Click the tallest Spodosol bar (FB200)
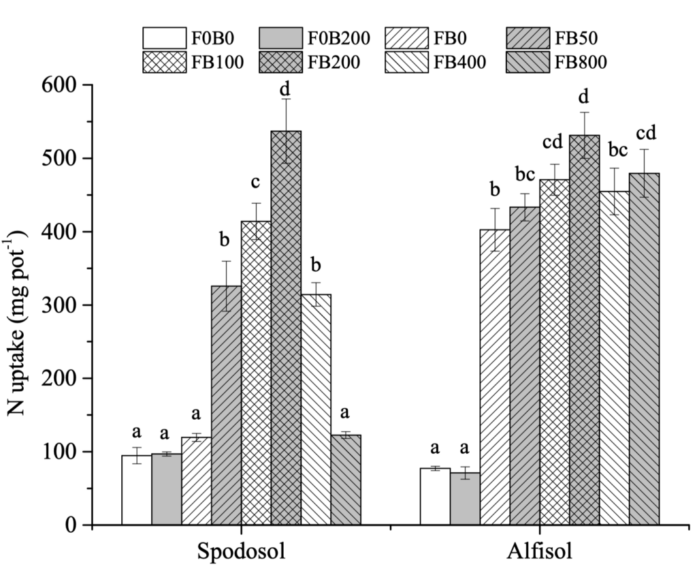coord(286,328)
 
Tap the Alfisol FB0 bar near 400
coord(496,377)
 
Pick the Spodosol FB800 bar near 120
coord(346,480)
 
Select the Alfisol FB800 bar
coord(644,350)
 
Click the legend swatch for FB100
coord(165,62)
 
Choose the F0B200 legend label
coord(339,38)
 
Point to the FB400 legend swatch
coord(406,62)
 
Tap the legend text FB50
coord(576,38)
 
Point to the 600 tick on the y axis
coord(87,84)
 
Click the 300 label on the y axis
coord(59,305)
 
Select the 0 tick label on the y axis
coord(70,525)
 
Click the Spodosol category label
coord(241,551)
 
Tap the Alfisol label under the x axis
coord(540,551)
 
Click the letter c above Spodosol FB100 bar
coord(256,183)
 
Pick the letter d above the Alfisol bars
coord(585,96)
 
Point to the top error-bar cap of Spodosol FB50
coord(226,261)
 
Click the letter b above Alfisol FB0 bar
coord(495,189)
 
